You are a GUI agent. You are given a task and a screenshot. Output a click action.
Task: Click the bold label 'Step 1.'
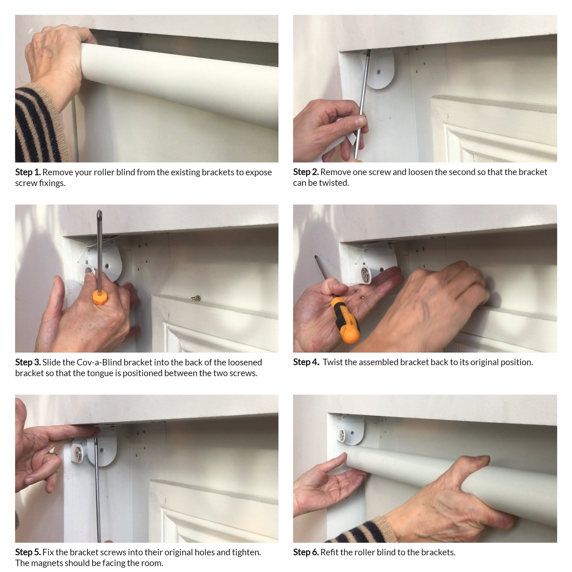pos(28,172)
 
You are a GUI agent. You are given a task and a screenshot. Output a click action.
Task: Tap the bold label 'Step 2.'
pos(306,172)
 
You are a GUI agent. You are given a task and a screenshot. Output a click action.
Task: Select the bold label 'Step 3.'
pos(28,362)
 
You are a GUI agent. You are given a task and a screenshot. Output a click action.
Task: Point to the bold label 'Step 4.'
pos(306,362)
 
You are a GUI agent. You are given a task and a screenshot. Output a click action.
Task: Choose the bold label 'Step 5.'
pos(28,552)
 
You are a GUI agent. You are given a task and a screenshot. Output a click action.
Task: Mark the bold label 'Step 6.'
pos(306,552)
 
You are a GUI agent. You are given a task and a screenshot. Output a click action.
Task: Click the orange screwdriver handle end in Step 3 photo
pos(99,298)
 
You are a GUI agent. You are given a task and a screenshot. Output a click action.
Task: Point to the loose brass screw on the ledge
pos(196,298)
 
